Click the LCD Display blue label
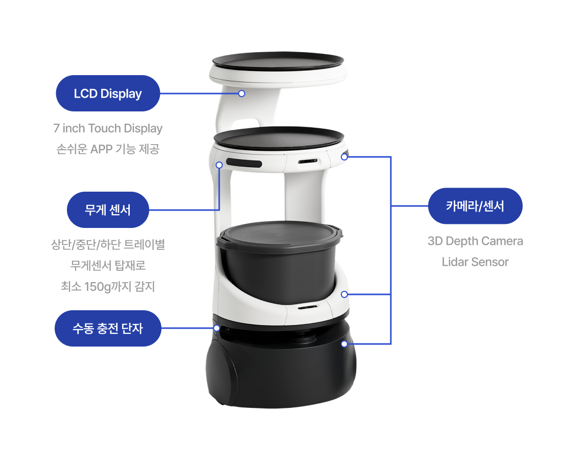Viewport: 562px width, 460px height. [x=107, y=93]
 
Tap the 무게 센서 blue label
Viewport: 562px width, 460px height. [x=107, y=210]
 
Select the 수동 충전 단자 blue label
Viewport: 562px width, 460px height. [x=107, y=329]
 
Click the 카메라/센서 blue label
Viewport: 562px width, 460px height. [x=475, y=206]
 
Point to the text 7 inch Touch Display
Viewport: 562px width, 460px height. [x=108, y=128]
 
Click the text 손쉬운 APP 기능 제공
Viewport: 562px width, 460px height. [x=108, y=149]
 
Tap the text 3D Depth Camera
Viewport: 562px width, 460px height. [x=475, y=241]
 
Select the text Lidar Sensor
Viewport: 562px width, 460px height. [x=475, y=262]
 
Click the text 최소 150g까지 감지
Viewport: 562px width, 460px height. [x=108, y=286]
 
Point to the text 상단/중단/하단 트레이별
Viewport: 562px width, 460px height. [x=108, y=245]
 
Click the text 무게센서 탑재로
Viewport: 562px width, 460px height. [x=108, y=266]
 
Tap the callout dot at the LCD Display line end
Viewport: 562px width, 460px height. [x=242, y=94]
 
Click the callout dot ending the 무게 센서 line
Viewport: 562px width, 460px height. [x=219, y=165]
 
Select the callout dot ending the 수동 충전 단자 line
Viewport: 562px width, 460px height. [x=217, y=328]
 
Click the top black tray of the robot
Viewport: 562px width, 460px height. [x=278, y=61]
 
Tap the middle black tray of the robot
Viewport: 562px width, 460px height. [x=278, y=137]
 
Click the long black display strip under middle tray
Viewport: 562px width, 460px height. [x=244, y=163]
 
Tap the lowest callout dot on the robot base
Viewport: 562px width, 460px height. [x=344, y=344]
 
